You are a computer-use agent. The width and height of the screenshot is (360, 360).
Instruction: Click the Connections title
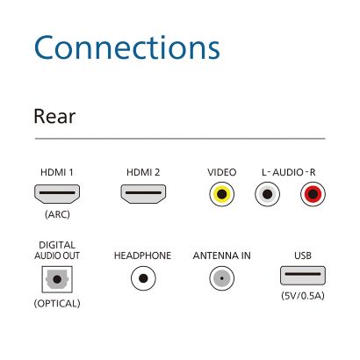click(126, 47)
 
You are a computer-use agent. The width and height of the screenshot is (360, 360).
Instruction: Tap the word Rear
click(54, 116)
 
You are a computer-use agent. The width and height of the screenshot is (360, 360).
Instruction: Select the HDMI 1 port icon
click(57, 194)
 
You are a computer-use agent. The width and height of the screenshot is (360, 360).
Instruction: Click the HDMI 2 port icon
click(143, 194)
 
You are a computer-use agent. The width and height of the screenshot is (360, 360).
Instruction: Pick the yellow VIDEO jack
click(222, 194)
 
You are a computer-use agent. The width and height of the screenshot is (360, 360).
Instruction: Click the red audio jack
click(313, 194)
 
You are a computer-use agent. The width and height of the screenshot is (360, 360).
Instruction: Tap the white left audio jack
click(267, 194)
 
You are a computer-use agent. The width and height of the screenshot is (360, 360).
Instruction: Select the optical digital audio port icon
click(57, 279)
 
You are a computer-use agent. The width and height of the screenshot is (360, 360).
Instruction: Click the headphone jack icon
click(143, 278)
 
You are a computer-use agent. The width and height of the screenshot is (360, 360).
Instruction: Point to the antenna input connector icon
click(222, 278)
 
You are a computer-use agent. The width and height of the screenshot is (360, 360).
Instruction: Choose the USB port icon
click(303, 275)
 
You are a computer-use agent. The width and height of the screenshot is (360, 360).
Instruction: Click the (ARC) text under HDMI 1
click(57, 214)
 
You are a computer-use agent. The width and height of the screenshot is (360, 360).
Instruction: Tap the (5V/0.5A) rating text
click(303, 296)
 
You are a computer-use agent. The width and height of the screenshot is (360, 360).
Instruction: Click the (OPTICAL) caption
click(57, 304)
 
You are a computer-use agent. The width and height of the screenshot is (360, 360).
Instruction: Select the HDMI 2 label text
click(143, 172)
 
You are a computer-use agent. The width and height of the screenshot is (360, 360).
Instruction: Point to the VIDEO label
click(222, 172)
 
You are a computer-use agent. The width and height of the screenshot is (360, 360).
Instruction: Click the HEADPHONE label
click(142, 256)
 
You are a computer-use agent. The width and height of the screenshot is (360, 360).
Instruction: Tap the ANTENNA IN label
click(222, 256)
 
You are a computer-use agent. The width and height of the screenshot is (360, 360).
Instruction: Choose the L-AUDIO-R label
click(289, 172)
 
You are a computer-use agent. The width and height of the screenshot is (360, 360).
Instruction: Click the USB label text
click(303, 256)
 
